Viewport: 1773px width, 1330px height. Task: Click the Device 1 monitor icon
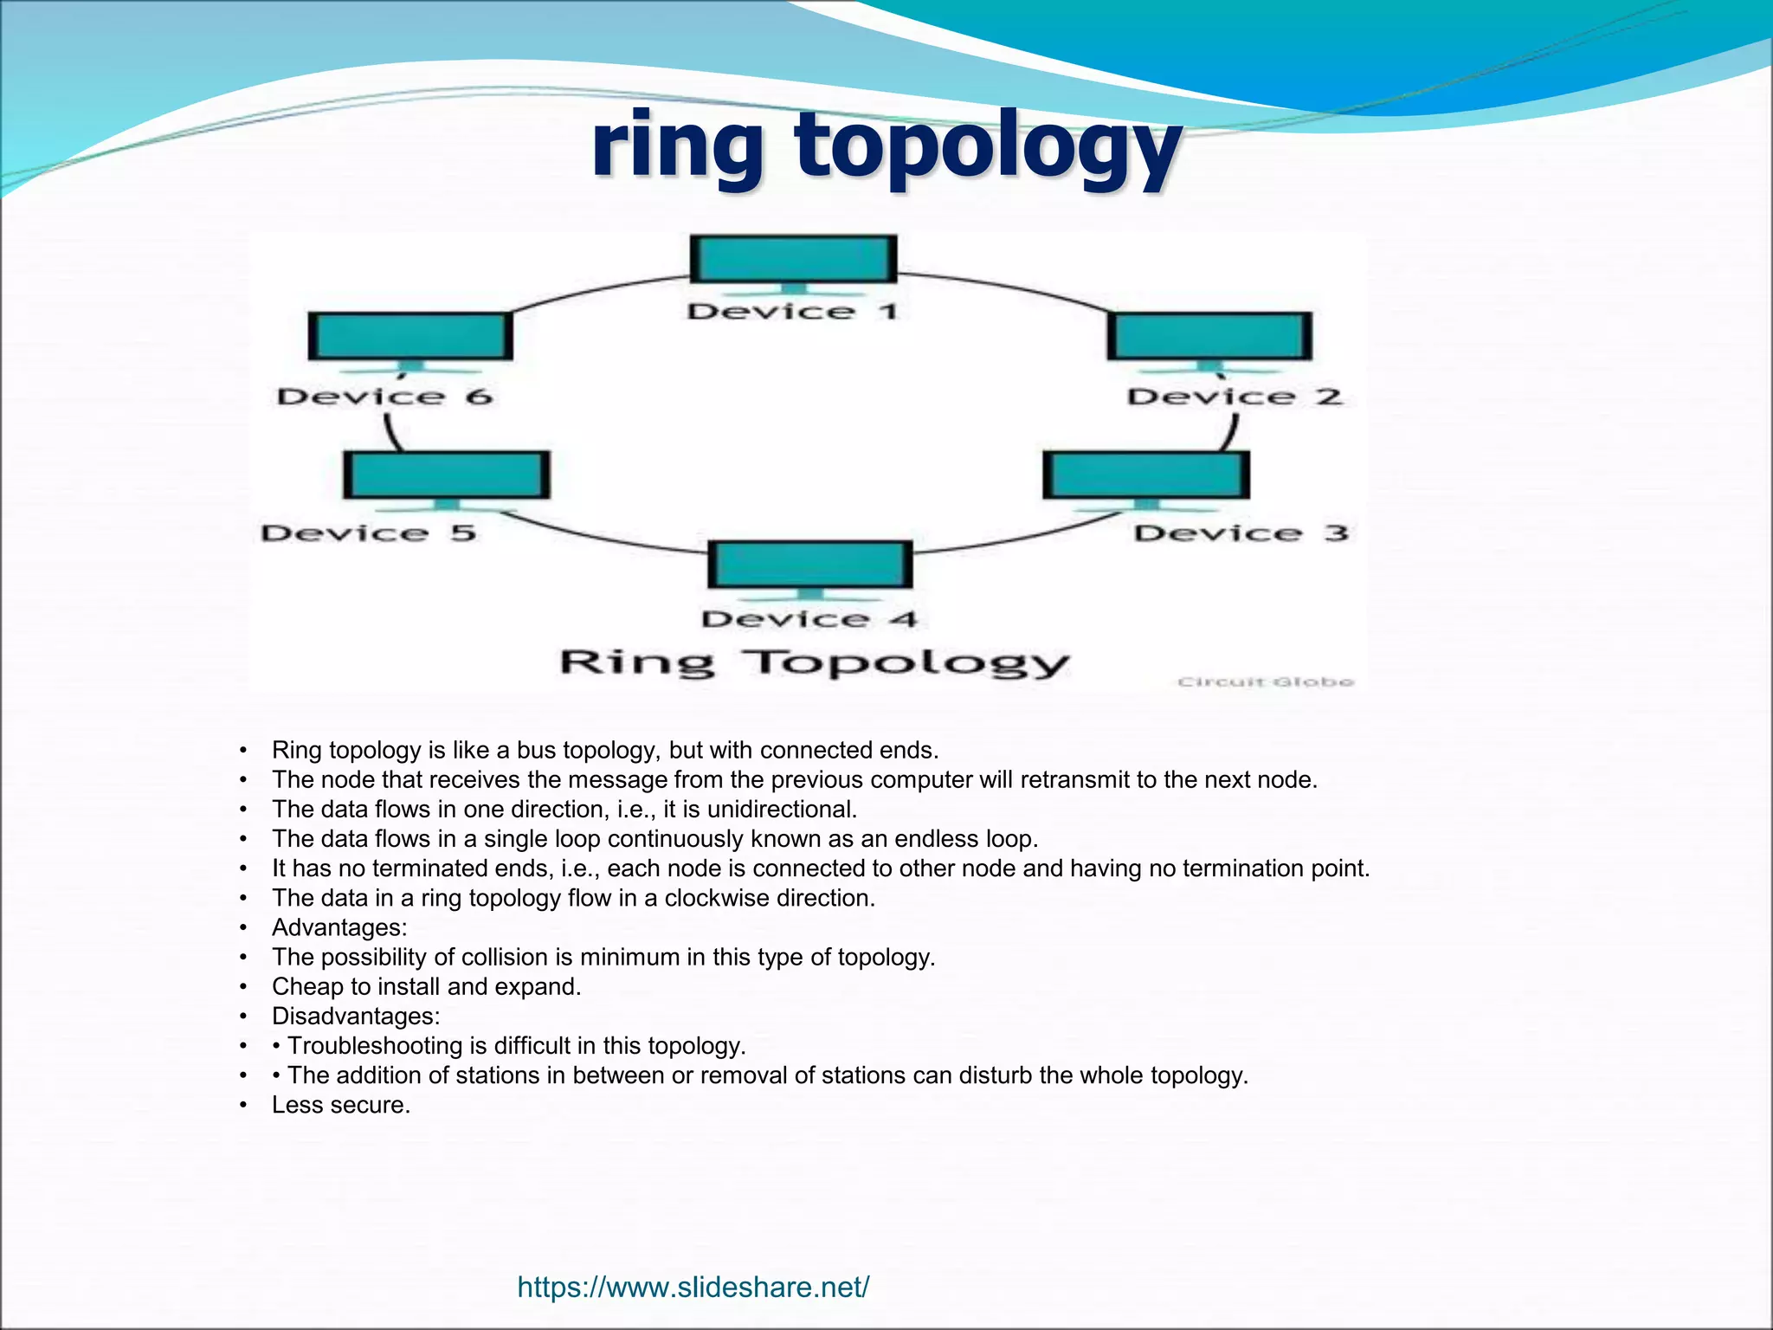pos(793,259)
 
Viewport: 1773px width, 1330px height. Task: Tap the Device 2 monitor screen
pos(1209,336)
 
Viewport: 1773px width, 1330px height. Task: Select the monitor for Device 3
pos(1146,475)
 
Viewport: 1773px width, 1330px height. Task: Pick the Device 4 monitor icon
pos(810,565)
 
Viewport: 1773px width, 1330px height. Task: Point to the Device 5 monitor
pos(447,475)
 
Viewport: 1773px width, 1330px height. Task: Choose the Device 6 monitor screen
pos(410,336)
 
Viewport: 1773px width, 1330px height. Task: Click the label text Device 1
pos(791,312)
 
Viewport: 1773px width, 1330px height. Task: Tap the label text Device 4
pos(809,619)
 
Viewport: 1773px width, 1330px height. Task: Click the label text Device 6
pos(384,397)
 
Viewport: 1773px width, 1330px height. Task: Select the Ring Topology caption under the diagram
pos(814,663)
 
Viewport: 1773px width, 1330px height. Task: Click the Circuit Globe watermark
pos(1265,682)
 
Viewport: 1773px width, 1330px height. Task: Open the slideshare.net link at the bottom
pos(693,1288)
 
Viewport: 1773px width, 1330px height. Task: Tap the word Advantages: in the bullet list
pos(339,927)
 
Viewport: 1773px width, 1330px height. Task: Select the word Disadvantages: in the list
pos(356,1016)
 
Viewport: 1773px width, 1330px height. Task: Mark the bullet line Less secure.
pos(340,1105)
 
